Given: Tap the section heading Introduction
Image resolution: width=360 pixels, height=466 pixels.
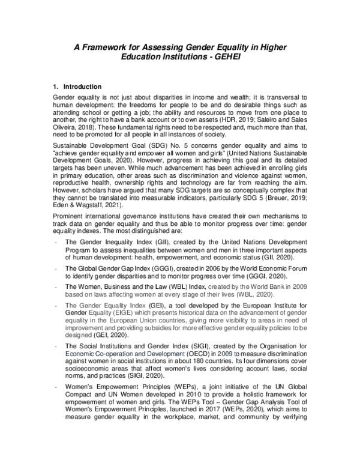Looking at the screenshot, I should (x=82, y=86).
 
